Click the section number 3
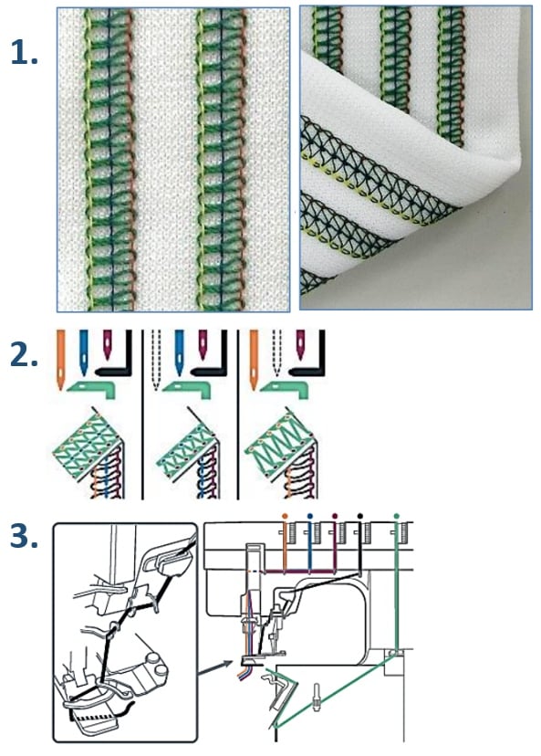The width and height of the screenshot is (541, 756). pyautogui.click(x=24, y=538)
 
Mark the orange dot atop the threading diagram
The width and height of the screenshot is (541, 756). pyautogui.click(x=285, y=516)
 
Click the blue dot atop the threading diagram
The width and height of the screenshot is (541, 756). pyautogui.click(x=310, y=516)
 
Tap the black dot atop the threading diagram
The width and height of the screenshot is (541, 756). pyautogui.click(x=362, y=516)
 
